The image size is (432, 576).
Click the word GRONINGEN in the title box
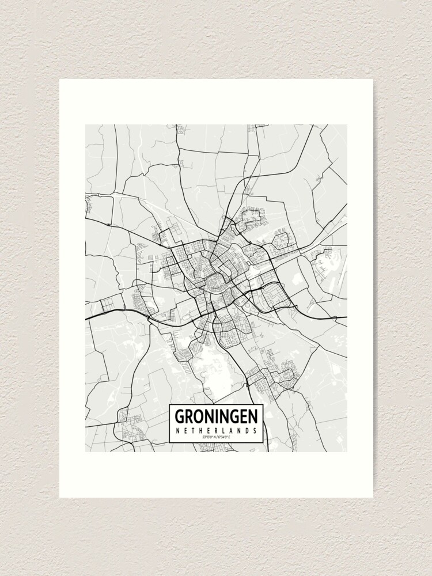(x=216, y=416)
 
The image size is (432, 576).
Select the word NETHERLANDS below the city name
(x=216, y=430)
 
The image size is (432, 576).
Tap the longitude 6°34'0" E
(x=223, y=437)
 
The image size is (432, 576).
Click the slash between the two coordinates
(x=216, y=437)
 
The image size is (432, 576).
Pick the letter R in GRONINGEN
(x=189, y=416)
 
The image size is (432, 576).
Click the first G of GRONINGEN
(x=179, y=416)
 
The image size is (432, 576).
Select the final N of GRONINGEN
(x=253, y=416)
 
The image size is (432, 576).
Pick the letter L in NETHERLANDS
(x=223, y=430)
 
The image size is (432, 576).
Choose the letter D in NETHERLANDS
(x=247, y=430)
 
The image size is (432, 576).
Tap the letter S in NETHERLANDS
(x=254, y=430)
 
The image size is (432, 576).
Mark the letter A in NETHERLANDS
(x=231, y=430)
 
